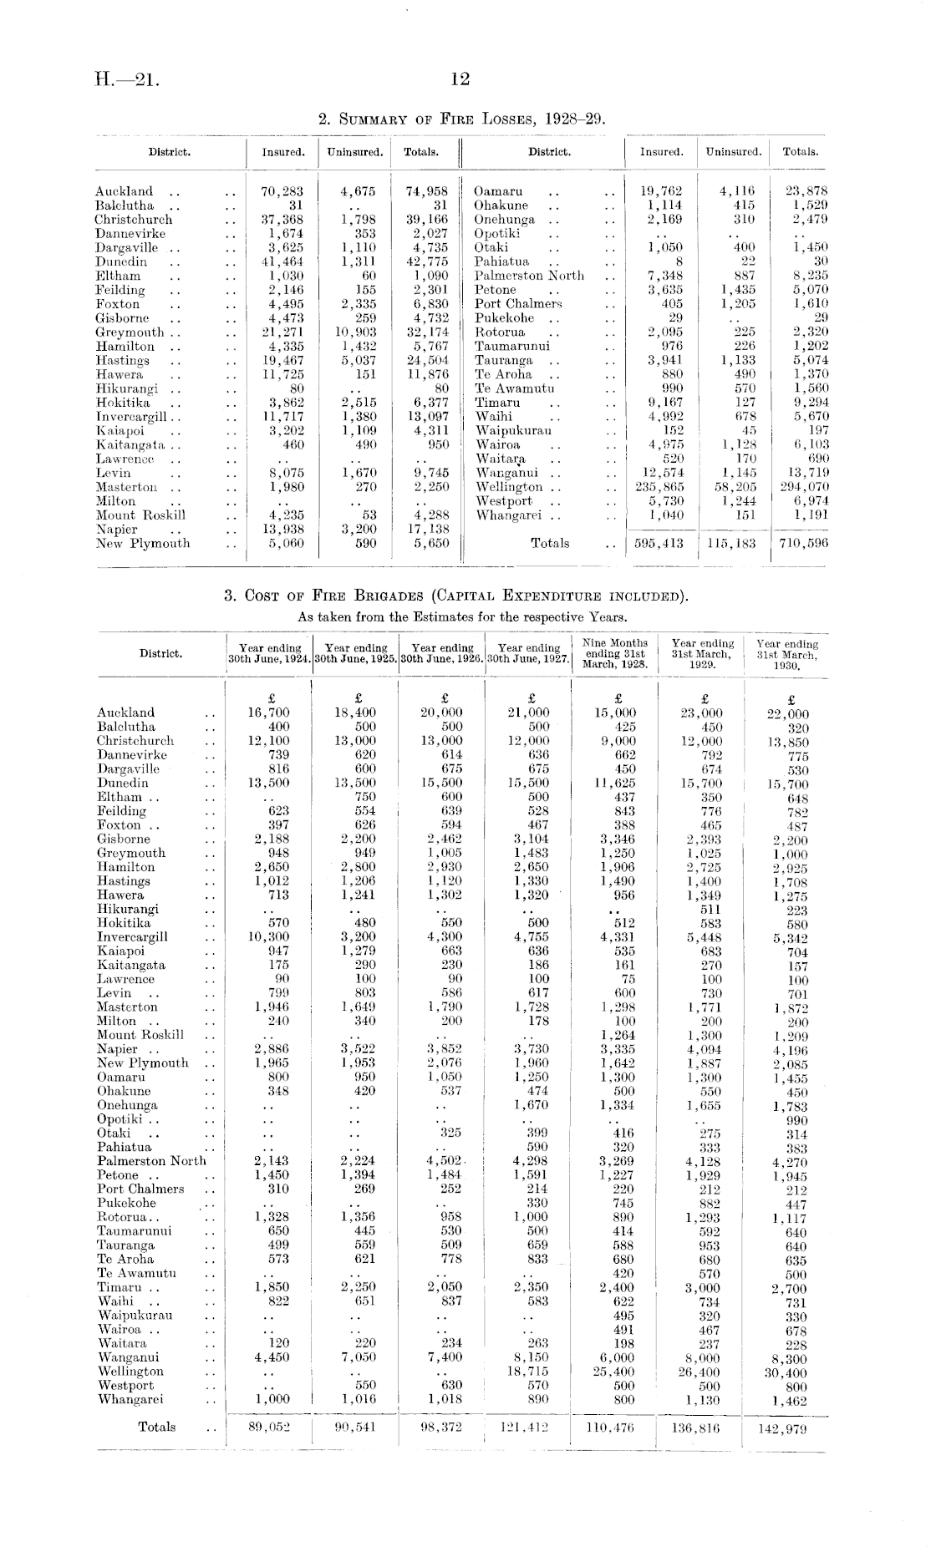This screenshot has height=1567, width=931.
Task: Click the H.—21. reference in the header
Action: click(x=126, y=80)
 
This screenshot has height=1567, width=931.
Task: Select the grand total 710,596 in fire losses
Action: click(x=800, y=544)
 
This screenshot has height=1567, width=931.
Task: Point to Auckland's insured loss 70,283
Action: click(x=282, y=191)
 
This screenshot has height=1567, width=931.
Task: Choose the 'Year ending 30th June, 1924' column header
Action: click(x=270, y=653)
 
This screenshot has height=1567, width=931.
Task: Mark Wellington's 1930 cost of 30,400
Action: click(x=785, y=1374)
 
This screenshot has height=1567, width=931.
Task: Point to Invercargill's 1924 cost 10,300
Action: click(x=268, y=937)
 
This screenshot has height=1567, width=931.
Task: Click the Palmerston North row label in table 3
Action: click(x=151, y=1161)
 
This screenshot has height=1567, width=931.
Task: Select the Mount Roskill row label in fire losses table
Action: click(x=140, y=515)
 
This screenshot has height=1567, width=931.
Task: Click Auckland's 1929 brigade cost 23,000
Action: click(x=700, y=713)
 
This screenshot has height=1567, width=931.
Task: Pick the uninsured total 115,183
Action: click(x=732, y=544)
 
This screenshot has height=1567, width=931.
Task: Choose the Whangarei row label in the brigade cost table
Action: click(x=130, y=1400)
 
